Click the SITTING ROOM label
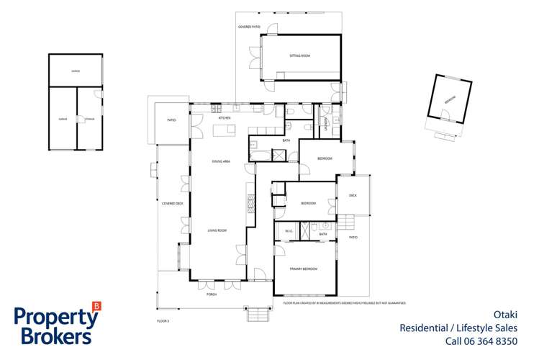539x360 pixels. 299,55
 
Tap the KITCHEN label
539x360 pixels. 224,117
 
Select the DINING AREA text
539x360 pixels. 220,161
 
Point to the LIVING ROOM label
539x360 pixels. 217,230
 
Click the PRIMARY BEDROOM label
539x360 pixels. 304,269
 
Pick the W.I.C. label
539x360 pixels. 287,230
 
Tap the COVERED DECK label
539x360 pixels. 173,204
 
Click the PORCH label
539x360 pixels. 212,294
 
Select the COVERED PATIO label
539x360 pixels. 248,27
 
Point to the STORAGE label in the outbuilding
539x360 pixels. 89,119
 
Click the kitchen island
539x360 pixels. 223,130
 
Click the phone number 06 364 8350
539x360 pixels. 492,341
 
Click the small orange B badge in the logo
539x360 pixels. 97,305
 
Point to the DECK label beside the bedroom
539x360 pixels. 353,195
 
